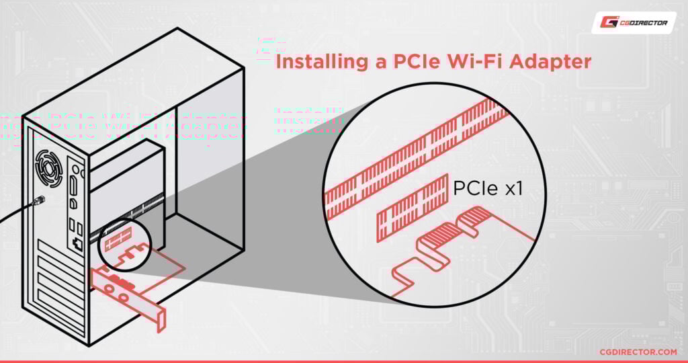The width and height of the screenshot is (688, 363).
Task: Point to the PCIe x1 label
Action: pos(486,190)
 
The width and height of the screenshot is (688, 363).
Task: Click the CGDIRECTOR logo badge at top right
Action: pos(634,23)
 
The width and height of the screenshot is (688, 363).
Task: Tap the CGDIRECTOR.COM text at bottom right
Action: pos(638,352)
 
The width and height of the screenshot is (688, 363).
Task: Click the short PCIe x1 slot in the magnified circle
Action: pos(413,209)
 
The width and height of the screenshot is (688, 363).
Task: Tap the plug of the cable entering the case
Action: pos(40,200)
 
